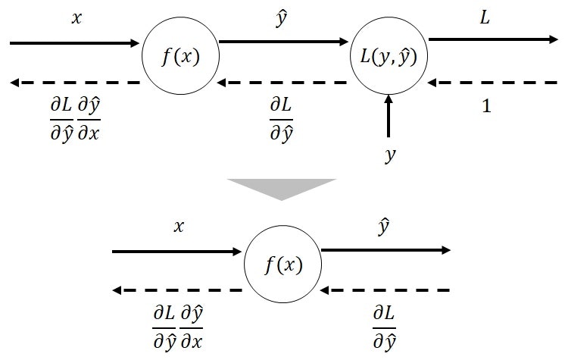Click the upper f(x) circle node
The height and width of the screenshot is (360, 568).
click(180, 56)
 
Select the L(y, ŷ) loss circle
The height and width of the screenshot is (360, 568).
click(389, 56)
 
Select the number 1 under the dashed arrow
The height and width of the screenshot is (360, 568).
click(487, 106)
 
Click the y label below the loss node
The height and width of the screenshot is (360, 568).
click(390, 156)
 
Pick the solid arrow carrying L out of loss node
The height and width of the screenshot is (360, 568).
click(492, 39)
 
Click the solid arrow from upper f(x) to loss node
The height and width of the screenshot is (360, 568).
click(285, 42)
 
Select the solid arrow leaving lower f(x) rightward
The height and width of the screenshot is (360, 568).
click(386, 249)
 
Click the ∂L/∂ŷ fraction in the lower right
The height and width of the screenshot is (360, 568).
click(384, 326)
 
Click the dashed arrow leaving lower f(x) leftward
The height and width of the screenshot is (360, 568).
click(177, 290)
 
